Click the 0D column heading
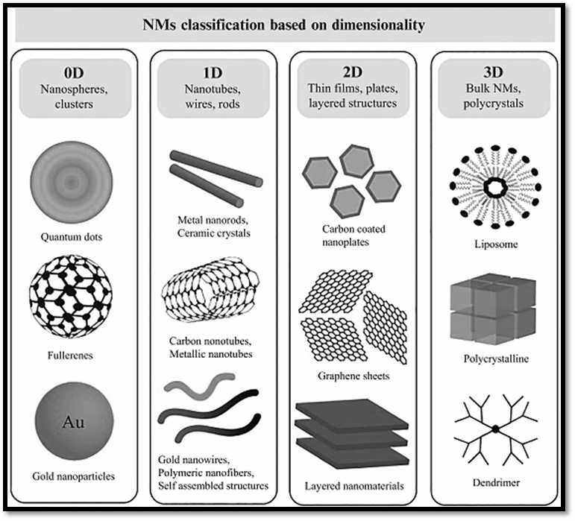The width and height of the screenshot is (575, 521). point(74,73)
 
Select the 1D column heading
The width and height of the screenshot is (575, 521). point(213,73)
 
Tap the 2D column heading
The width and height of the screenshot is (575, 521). point(353,72)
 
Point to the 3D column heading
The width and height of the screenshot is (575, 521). point(493,72)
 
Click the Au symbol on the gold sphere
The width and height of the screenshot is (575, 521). point(73,422)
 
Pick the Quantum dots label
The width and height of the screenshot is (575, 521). point(71,237)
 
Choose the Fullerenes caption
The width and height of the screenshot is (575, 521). point(70,355)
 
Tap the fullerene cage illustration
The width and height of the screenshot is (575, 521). point(70,296)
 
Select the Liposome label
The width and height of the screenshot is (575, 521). point(496,244)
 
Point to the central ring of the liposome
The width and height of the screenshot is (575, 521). point(495,188)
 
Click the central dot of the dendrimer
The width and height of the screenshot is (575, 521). point(495,429)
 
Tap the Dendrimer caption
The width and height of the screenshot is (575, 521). point(496,482)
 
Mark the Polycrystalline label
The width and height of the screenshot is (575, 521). point(496,359)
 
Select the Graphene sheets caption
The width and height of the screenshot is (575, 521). point(354,376)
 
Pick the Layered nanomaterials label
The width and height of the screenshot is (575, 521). point(354,486)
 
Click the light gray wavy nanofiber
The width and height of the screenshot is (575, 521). point(200,385)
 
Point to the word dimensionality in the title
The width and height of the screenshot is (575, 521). point(378,25)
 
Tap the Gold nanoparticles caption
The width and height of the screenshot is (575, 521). point(73,476)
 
